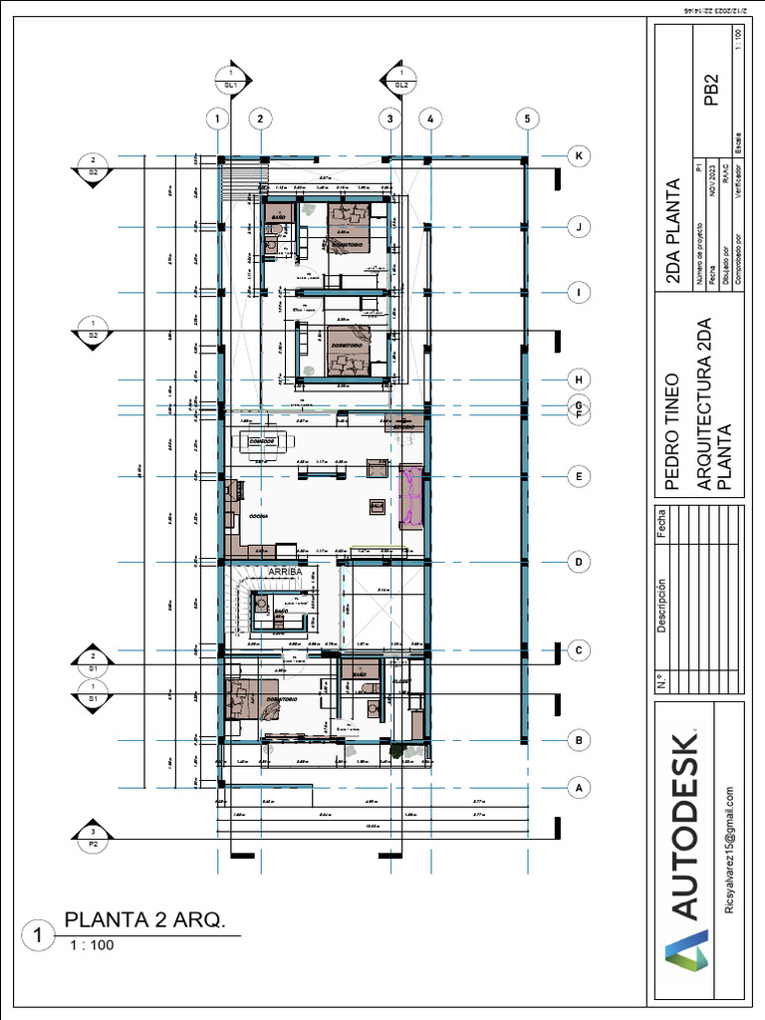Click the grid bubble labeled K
[577, 155]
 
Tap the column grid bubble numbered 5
[525, 120]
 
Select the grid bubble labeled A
[577, 788]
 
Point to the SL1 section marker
[231, 81]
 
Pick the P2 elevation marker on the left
[93, 837]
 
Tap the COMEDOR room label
[262, 439]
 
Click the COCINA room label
[259, 516]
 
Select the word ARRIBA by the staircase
[285, 572]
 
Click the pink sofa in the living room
[410, 495]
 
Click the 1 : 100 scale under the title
[92, 945]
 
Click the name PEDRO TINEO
[672, 433]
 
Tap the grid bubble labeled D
[577, 563]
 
